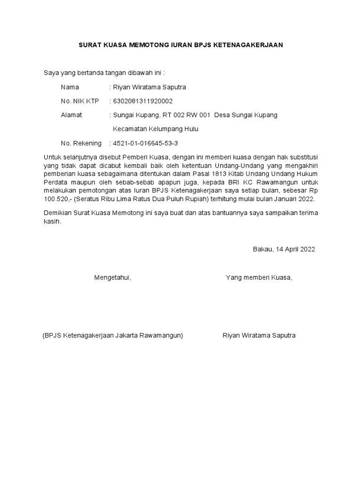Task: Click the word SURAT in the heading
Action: tap(89, 45)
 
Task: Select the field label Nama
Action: tap(70, 87)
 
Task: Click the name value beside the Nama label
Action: tap(148, 87)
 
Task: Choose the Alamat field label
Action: tap(71, 115)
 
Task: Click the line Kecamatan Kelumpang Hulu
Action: tap(156, 129)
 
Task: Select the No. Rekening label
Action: tap(81, 143)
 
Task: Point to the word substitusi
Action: tap(304, 157)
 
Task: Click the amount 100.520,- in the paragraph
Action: tap(58, 199)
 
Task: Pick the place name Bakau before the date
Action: tap(262, 249)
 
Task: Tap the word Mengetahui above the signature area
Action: tap(112, 277)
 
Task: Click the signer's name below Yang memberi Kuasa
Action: tap(259, 335)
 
